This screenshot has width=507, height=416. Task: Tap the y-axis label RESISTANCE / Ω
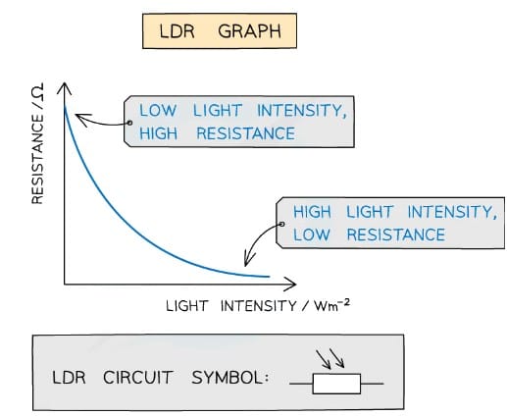point(38,144)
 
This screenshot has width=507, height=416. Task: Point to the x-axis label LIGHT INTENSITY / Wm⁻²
point(258,305)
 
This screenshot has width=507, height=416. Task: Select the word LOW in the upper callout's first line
point(159,111)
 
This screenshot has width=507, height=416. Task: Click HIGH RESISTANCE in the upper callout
point(216,133)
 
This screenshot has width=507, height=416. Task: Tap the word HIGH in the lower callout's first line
point(312,212)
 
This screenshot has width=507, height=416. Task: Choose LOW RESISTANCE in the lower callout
point(368,234)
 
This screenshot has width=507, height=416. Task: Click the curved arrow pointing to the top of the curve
point(98,121)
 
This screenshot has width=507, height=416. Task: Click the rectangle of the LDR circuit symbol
point(336,384)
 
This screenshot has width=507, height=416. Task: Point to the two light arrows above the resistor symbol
point(330,358)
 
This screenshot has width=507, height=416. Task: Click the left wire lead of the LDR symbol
point(301,384)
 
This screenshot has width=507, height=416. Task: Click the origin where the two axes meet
point(65,284)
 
